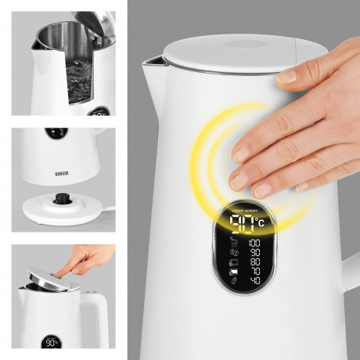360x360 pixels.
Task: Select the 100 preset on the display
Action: (256, 243)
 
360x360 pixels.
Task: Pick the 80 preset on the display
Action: (256, 261)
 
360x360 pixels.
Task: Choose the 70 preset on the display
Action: (256, 271)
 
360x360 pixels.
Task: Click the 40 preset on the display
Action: (256, 280)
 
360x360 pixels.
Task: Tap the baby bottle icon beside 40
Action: (234, 280)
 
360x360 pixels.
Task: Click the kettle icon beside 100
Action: (234, 243)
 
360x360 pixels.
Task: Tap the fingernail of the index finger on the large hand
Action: (287, 76)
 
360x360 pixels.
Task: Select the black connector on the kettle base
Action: (59, 200)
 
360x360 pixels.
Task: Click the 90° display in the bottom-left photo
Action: (52, 341)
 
